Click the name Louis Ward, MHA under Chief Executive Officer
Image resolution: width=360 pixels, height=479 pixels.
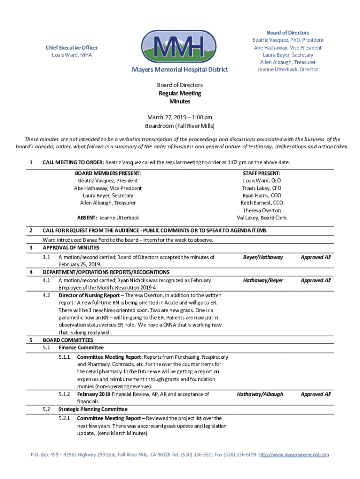point(72,55)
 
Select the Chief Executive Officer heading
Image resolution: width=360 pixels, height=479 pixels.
point(72,48)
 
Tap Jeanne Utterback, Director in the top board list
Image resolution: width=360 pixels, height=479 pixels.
point(288,69)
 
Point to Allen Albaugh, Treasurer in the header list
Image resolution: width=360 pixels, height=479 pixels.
point(288,62)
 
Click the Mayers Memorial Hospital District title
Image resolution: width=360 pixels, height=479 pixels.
point(180,70)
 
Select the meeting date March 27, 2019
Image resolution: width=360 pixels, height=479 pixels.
point(166,117)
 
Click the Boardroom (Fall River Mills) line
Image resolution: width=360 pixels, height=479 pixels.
point(180,126)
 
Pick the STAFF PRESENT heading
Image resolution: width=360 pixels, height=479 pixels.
point(262,173)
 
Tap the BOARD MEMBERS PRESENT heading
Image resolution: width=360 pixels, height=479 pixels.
point(108,173)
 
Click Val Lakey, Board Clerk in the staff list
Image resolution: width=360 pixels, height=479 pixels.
point(262,218)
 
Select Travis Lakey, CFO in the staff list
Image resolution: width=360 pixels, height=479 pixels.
point(262,188)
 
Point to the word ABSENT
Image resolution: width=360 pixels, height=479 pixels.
point(86,218)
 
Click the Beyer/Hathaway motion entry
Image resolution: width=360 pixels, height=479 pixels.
point(263,257)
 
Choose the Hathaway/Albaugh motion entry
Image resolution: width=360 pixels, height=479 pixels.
point(260,394)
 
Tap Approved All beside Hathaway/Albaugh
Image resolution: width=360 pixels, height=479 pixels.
point(316,394)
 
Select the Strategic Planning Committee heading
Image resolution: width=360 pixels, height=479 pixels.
point(93,409)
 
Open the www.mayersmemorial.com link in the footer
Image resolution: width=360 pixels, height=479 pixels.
point(294,455)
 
